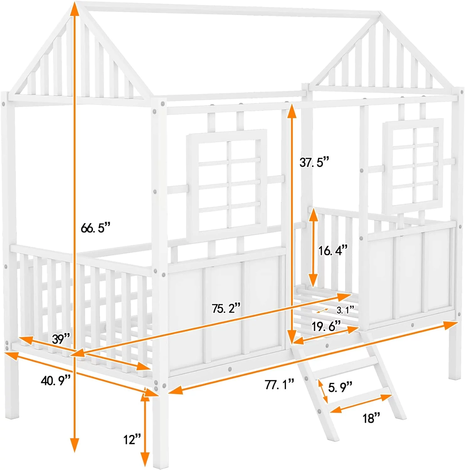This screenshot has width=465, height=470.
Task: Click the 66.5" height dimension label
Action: pyautogui.click(x=96, y=228)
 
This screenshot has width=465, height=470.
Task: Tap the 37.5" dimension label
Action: pyautogui.click(x=314, y=162)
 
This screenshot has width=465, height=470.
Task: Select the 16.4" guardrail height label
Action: pyautogui.click(x=333, y=250)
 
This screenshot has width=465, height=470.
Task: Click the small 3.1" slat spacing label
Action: pyautogui.click(x=345, y=310)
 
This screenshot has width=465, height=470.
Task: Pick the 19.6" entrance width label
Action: pyautogui.click(x=326, y=326)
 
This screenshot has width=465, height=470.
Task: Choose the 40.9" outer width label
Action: pyautogui.click(x=55, y=381)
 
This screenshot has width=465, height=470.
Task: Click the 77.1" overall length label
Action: pyautogui.click(x=279, y=384)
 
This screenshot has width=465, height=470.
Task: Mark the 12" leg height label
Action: pyautogui.click(x=132, y=440)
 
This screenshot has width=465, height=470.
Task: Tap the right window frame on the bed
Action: pyautogui.click(x=413, y=166)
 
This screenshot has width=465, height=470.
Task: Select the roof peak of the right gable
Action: pyautogui.click(x=380, y=14)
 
